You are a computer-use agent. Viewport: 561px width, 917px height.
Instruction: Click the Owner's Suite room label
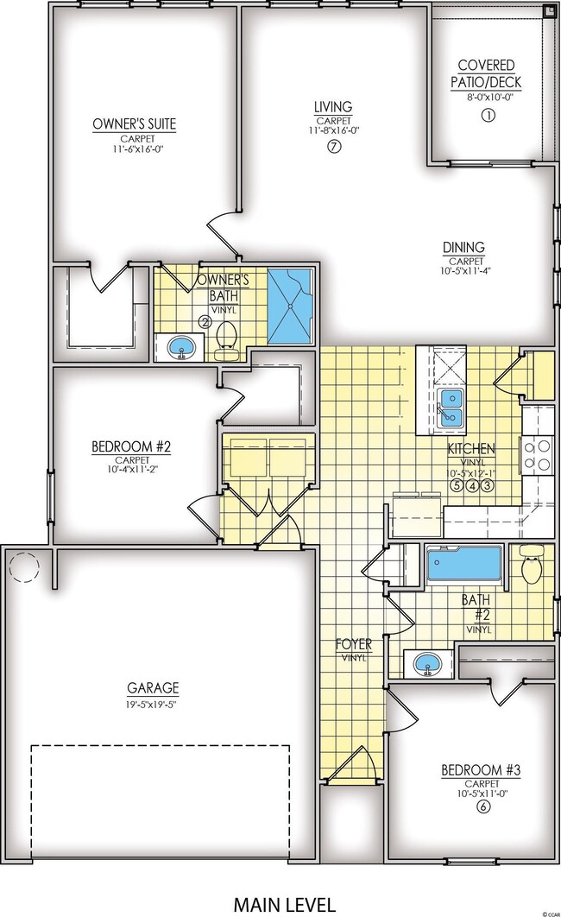(134, 124)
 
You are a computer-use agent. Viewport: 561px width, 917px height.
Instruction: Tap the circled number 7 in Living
(332, 147)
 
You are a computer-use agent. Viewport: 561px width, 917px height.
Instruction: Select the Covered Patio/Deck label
(487, 74)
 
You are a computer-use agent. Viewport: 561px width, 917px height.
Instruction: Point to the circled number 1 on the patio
(487, 115)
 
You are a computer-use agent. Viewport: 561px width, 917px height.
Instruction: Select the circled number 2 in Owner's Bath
(205, 321)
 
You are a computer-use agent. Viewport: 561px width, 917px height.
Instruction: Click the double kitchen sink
(450, 407)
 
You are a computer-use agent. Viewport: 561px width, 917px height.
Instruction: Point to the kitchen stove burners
(538, 453)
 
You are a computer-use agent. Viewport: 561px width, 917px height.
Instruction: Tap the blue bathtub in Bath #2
(464, 564)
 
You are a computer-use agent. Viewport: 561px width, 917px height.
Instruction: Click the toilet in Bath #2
(530, 567)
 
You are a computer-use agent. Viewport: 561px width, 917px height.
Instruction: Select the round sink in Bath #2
(426, 664)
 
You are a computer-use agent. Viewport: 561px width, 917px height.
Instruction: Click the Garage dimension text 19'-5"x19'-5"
(154, 703)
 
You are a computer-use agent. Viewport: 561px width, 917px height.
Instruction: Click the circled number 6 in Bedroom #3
(483, 807)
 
